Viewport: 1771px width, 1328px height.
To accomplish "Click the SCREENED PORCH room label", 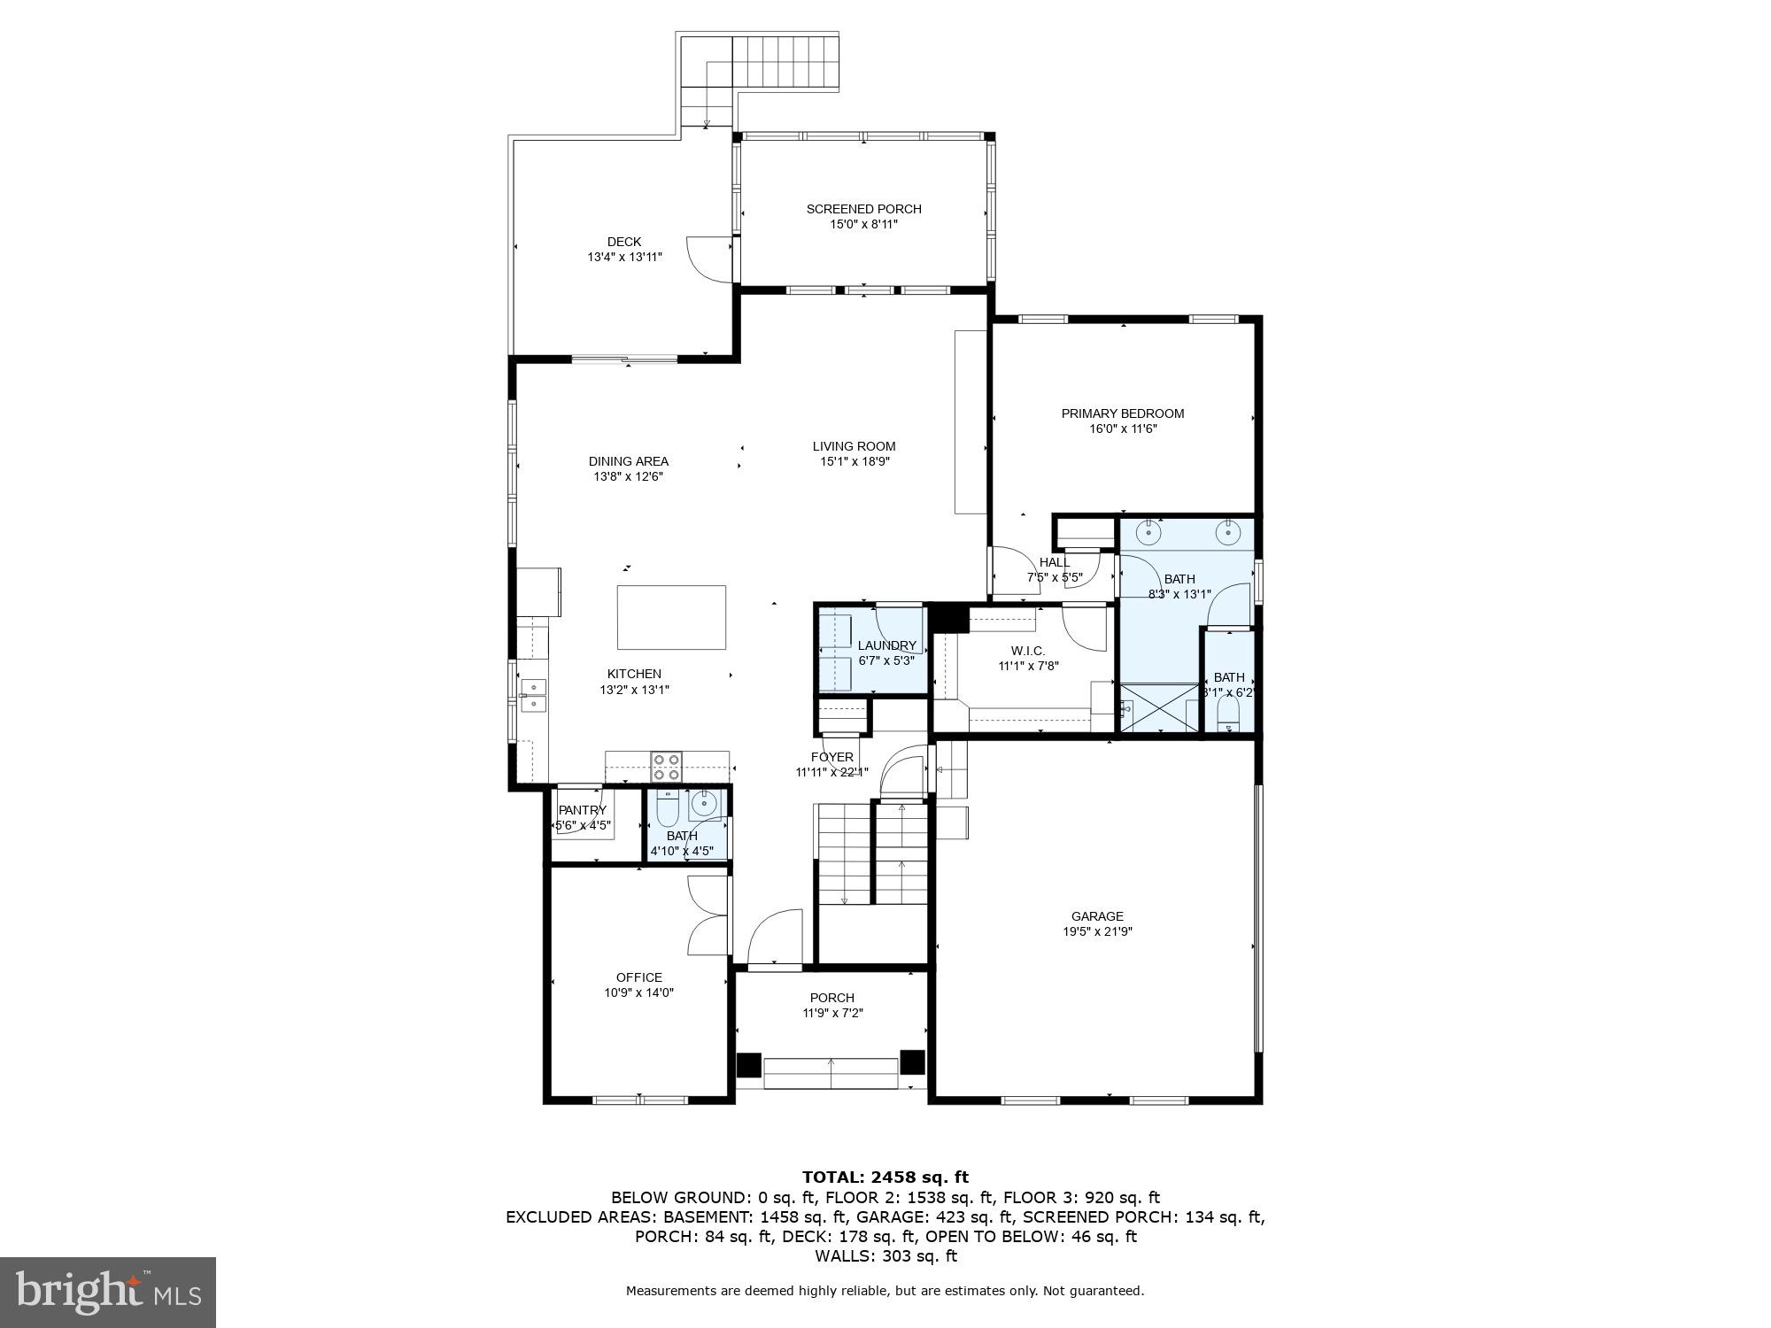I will click(863, 209).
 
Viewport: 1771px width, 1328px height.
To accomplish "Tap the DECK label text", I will click(624, 242).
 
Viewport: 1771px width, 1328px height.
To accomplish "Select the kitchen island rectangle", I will click(671, 617).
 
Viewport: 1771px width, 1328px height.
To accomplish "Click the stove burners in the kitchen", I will click(667, 766).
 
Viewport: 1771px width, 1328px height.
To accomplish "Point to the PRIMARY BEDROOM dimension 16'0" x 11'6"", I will click(1123, 429).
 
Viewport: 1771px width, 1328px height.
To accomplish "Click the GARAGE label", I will click(1097, 916).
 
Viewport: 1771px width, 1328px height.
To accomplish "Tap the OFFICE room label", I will click(638, 977).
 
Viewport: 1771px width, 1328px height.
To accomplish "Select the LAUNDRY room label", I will click(886, 645).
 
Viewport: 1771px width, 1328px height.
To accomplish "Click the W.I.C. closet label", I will click(1028, 651).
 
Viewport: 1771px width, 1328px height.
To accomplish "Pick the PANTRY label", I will click(582, 810).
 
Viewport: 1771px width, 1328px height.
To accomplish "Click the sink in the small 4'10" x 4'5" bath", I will click(704, 804).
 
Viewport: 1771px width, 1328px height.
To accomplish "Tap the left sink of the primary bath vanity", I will click(1148, 532).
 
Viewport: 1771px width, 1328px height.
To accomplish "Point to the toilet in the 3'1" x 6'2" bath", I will click(1228, 714).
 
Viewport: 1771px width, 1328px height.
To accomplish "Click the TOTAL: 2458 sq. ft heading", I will click(885, 1177).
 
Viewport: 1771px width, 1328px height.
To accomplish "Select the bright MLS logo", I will click(107, 1293).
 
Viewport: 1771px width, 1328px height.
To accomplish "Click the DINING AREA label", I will click(628, 461).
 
